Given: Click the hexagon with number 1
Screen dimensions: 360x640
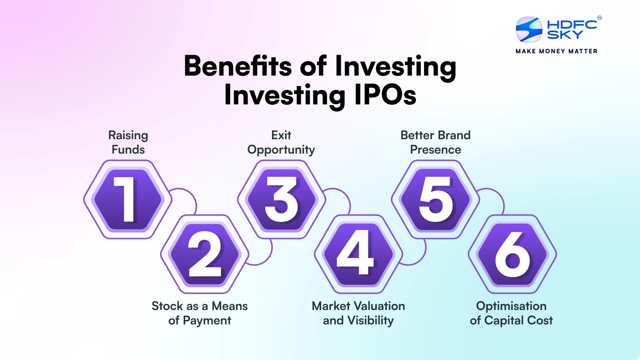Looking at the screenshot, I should [x=128, y=199].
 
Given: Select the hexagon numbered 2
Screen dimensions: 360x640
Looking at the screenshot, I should [x=205, y=254].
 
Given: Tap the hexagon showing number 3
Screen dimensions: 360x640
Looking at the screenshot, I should [x=282, y=199].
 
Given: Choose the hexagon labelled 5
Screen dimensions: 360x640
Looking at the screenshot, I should [x=436, y=199].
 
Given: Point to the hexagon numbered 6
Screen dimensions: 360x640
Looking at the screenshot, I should [x=512, y=254].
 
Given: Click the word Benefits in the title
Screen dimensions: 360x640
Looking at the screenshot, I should [x=238, y=66].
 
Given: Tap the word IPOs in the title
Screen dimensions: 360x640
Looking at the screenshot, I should [x=385, y=96].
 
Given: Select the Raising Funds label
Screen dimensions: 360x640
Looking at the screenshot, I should [x=128, y=142].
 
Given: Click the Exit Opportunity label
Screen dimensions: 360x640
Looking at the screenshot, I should [x=281, y=142].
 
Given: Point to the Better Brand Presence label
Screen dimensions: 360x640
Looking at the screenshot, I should [x=436, y=142].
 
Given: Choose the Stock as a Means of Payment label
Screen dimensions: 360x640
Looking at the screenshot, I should [x=200, y=313].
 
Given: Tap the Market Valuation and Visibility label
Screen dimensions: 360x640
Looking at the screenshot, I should [x=358, y=313].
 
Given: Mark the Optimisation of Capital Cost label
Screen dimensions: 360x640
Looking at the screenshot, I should [x=511, y=313].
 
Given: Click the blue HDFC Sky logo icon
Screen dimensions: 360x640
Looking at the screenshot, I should [x=529, y=29].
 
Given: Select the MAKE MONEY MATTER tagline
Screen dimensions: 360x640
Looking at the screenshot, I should [x=556, y=51].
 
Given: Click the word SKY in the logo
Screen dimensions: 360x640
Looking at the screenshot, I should [x=565, y=35].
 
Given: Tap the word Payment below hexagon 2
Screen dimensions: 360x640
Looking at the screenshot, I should [x=207, y=320].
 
